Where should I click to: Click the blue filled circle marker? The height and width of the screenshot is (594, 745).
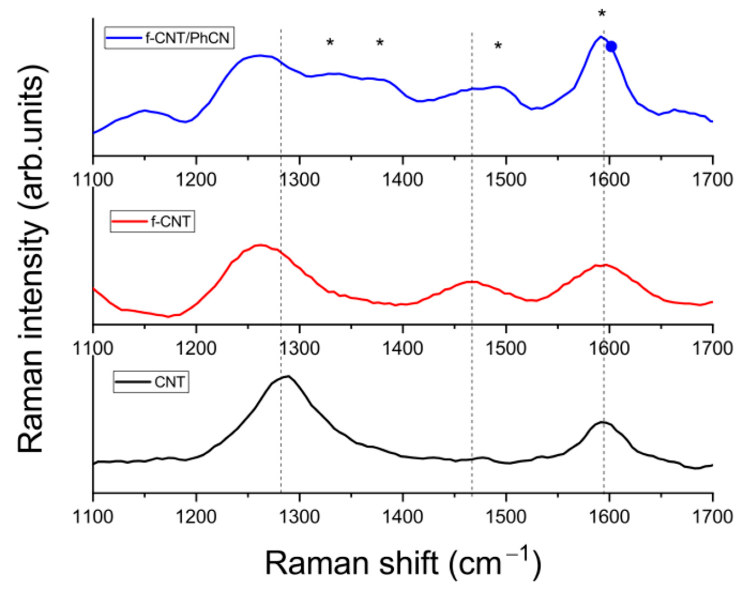tap(611, 46)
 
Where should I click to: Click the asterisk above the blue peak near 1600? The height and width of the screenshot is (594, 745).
tap(602, 14)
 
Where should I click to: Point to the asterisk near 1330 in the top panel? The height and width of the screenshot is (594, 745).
tap(330, 43)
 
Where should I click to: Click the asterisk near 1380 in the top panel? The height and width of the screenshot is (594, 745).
tap(380, 43)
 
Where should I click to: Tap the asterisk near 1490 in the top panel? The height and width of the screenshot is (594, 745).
tap(498, 45)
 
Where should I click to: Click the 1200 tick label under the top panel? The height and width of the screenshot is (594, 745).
tap(196, 180)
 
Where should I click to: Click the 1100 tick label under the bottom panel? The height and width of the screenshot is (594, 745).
tap(93, 517)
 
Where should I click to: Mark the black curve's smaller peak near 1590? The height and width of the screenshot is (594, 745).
tap(602, 422)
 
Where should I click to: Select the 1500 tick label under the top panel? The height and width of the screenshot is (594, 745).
tap(506, 180)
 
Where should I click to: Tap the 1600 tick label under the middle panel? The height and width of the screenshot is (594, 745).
tap(609, 348)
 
